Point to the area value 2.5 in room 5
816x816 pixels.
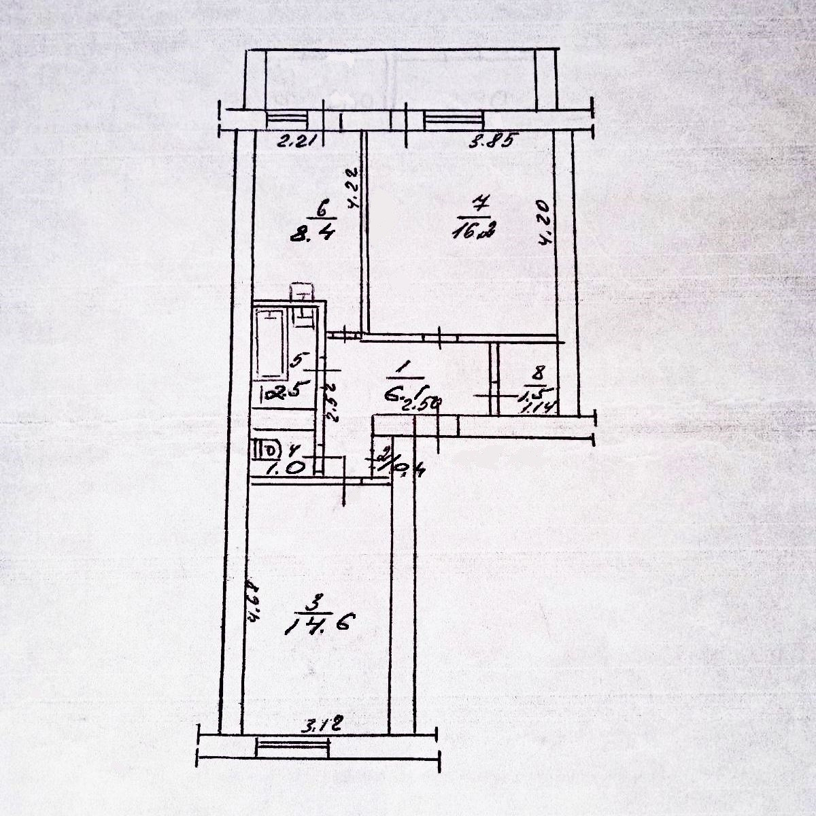coord(286,392)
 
